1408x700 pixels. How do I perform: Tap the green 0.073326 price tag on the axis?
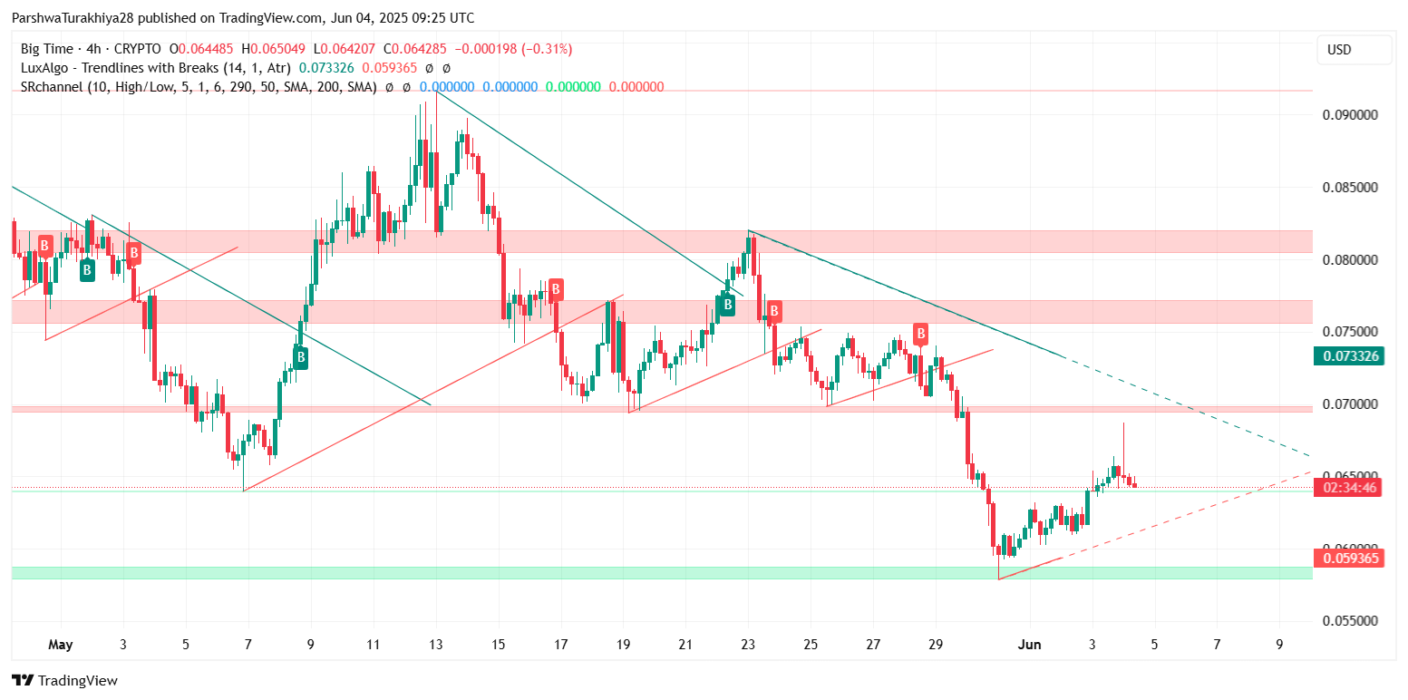(1350, 355)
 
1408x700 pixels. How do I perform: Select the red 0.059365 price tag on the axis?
(1350, 559)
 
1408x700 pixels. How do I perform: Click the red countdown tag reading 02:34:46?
(1350, 488)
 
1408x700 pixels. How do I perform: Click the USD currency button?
(1339, 50)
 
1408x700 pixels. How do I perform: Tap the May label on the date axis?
(60, 645)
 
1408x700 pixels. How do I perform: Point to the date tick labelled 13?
(435, 645)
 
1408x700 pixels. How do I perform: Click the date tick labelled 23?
(748, 645)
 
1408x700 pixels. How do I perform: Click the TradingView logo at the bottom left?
(64, 681)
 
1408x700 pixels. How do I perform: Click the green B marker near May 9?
(300, 358)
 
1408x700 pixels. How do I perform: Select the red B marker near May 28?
(920, 333)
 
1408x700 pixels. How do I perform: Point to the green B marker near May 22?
(727, 306)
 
